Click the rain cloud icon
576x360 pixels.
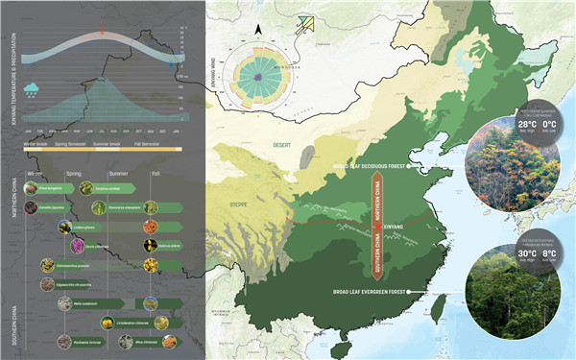(33, 90)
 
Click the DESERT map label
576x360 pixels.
(282, 144)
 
